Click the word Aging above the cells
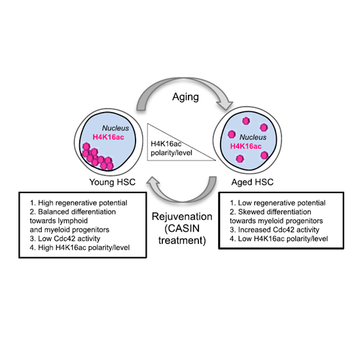click(x=185, y=97)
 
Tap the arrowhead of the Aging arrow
click(x=225, y=105)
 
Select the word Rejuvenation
click(x=182, y=217)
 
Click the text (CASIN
click(x=182, y=228)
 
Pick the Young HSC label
click(x=113, y=182)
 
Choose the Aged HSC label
click(x=252, y=182)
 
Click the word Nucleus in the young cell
click(x=115, y=128)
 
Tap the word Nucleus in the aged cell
click(x=253, y=137)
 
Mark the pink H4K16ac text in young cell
click(x=109, y=137)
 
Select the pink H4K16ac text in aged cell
click(x=245, y=146)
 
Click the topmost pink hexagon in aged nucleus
click(x=246, y=121)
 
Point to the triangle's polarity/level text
click(x=171, y=153)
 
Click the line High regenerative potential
click(x=79, y=203)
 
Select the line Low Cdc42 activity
click(x=65, y=238)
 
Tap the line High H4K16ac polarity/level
click(x=80, y=247)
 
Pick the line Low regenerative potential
click(x=278, y=203)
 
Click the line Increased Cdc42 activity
click(x=275, y=230)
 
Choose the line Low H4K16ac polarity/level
click(x=279, y=239)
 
